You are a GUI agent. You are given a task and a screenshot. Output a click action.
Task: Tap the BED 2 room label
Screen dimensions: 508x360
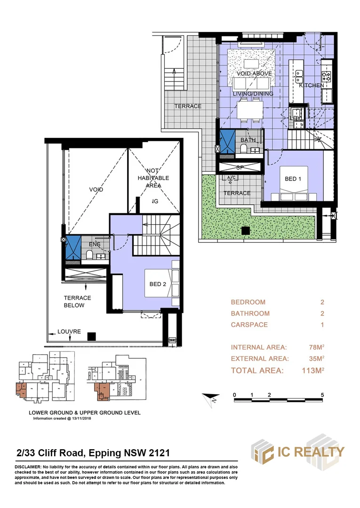[x=158, y=284]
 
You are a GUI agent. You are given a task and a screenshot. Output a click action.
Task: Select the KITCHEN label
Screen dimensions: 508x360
[x=312, y=85]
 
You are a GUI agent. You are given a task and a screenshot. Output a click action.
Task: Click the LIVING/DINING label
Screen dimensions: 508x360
[x=253, y=94]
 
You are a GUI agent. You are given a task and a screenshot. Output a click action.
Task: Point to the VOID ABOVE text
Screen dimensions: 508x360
[x=254, y=74]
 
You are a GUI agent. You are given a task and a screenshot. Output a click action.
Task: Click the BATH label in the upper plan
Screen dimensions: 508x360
[x=248, y=140]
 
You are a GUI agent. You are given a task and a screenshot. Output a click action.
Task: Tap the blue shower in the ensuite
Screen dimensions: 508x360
[x=72, y=246]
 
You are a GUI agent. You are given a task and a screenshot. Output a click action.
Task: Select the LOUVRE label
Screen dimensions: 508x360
[x=69, y=332]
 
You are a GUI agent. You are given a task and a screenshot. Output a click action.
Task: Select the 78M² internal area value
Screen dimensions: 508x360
[x=316, y=348]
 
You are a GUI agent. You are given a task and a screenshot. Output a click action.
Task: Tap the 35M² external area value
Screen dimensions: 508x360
[x=316, y=359]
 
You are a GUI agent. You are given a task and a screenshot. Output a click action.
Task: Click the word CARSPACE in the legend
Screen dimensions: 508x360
[x=249, y=325]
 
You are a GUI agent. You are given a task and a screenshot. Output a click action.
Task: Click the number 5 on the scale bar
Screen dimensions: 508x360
[x=322, y=394]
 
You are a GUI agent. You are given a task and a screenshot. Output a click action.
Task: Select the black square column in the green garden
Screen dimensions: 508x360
[x=245, y=230]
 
